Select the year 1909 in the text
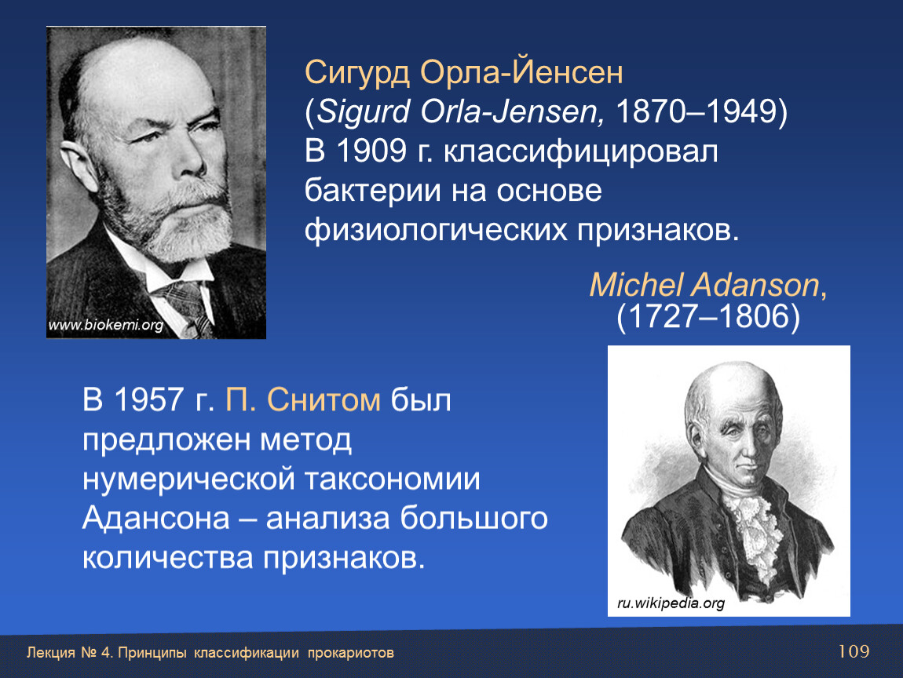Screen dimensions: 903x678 [371, 151]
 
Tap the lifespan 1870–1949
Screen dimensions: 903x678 [696, 111]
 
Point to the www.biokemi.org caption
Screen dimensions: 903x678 [106, 325]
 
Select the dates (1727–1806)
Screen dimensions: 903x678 [707, 316]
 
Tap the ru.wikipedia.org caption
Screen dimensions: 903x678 [671, 603]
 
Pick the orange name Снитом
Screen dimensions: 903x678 [323, 399]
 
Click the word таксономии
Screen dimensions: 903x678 [392, 478]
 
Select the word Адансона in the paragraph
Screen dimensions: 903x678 [156, 517]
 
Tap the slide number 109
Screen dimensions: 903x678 [854, 651]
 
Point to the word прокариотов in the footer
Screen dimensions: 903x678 [351, 653]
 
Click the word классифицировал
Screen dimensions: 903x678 [580, 152]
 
